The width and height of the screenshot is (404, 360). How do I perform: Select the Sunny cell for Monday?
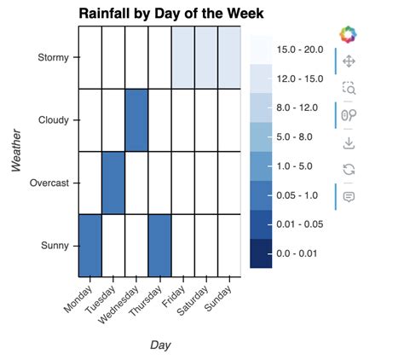pos(90,246)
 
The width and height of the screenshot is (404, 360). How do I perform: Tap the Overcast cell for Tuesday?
pos(113,183)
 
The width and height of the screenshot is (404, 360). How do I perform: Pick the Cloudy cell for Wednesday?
pos(136,120)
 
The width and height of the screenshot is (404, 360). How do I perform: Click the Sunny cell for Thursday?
pos(159,246)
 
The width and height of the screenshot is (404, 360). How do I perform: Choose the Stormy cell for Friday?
pos(183,58)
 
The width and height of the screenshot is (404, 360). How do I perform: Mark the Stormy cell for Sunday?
pos(229,58)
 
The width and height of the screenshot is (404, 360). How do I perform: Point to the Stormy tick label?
pos(55,58)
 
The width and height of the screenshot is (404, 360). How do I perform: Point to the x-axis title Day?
pos(159,345)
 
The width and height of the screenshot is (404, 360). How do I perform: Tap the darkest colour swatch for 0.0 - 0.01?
pos(262,253)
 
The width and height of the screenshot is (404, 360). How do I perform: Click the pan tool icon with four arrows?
pos(348,61)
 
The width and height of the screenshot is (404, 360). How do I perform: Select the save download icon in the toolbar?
pos(348,142)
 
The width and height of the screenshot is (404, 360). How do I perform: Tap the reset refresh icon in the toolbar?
pos(348,169)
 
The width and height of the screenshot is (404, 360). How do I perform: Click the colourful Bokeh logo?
pos(348,35)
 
